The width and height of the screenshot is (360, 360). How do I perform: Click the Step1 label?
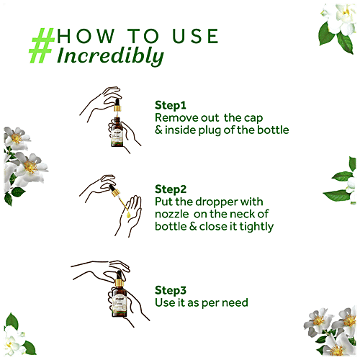(x=170, y=104)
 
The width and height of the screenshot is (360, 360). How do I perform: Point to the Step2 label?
(x=170, y=189)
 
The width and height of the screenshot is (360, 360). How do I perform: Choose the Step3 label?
(x=170, y=290)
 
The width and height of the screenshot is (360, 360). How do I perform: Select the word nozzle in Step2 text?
(x=174, y=214)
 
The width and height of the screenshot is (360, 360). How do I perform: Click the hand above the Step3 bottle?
(x=108, y=272)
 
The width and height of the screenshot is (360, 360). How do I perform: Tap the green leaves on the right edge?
(x=344, y=184)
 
